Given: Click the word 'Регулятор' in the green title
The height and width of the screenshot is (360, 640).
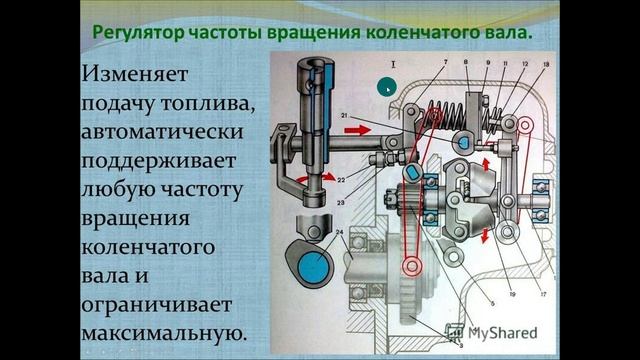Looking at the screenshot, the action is point(138,33).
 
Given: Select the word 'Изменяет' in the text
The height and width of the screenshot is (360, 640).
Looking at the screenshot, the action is point(135,74).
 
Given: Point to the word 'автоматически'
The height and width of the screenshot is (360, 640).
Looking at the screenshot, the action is point(162,131).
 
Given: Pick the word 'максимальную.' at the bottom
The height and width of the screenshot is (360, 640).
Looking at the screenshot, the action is point(164,333).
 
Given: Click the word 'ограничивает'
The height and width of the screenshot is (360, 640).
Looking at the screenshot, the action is point(157,305).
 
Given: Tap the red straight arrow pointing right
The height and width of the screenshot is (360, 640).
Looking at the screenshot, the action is point(358,130).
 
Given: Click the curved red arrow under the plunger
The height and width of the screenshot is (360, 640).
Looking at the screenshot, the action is point(316,178).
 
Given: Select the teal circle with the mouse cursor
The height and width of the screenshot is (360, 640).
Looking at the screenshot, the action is point(386,87).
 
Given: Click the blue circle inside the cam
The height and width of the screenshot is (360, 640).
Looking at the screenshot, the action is point(314,267).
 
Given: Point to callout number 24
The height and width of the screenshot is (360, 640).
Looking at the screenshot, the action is point(340,232).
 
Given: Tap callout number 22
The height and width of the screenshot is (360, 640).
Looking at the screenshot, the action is point(341,180).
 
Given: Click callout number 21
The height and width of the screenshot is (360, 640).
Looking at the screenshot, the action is point(344,116).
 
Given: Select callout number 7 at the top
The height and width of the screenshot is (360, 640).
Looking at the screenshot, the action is point(446,62).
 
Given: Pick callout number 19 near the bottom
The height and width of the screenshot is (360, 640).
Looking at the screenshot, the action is point(513,294).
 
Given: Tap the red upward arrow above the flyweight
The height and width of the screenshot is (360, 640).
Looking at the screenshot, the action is point(486,165).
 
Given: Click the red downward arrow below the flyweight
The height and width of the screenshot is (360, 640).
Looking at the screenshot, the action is point(485,236).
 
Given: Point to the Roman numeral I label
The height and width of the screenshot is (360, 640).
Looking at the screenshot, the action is point(393,64).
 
